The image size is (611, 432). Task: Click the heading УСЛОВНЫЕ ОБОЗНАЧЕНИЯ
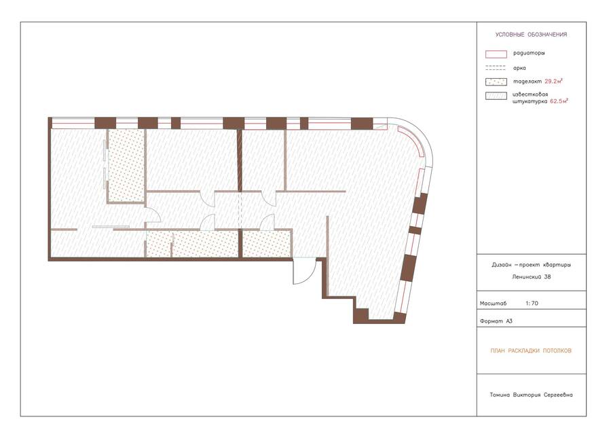(531, 35)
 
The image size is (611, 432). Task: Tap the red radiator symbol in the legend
(496, 54)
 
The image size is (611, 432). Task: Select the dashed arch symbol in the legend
(496, 68)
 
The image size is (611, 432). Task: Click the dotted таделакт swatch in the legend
(496, 82)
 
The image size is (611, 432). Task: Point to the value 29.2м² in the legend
(554, 82)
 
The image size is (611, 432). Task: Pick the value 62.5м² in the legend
(559, 101)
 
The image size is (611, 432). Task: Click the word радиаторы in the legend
(529, 53)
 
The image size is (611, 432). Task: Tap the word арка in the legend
(519, 68)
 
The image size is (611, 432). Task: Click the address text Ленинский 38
(532, 277)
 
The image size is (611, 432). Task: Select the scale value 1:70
(532, 303)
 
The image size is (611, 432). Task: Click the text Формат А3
(496, 321)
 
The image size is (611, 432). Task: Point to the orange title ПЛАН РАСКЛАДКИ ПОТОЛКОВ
(531, 351)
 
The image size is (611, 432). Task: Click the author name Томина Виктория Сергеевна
(531, 395)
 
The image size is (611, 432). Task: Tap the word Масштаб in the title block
(493, 304)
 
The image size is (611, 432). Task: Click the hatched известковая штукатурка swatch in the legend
(496, 96)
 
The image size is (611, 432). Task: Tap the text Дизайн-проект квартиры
(531, 265)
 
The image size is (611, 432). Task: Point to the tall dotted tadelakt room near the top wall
(126, 166)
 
